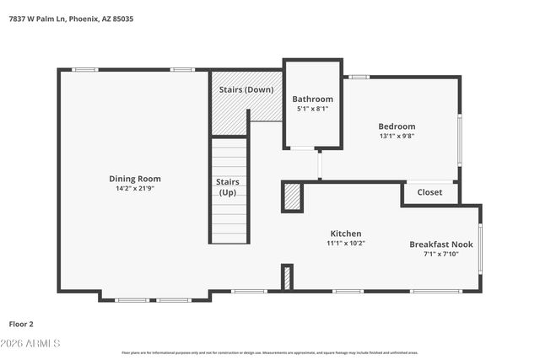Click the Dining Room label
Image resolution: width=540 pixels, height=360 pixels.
pos(134,179)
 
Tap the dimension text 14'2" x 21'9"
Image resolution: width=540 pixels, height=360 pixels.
pos(134,189)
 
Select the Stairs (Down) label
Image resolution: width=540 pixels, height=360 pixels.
pos(246,89)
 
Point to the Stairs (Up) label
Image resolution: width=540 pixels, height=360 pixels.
pos(228,187)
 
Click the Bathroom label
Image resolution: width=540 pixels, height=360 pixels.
pos(312,99)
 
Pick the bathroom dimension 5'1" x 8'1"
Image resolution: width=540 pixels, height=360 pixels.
pos(312,109)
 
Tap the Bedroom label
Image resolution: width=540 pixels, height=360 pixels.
pos(396,126)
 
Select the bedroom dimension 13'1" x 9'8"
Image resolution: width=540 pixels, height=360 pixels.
pos(396,136)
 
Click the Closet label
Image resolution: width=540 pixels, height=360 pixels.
pos(429,192)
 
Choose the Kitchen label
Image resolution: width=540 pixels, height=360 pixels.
pos(345,234)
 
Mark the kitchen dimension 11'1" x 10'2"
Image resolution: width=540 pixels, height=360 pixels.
pos(345,244)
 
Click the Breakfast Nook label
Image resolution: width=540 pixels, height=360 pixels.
pos(441,244)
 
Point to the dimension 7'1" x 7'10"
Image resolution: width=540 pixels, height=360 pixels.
pos(441,255)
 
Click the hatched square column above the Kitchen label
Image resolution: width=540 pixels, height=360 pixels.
pos(292,196)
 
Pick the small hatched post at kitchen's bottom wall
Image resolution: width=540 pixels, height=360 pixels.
pos(287,277)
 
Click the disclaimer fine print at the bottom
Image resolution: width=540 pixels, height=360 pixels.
pos(269,352)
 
